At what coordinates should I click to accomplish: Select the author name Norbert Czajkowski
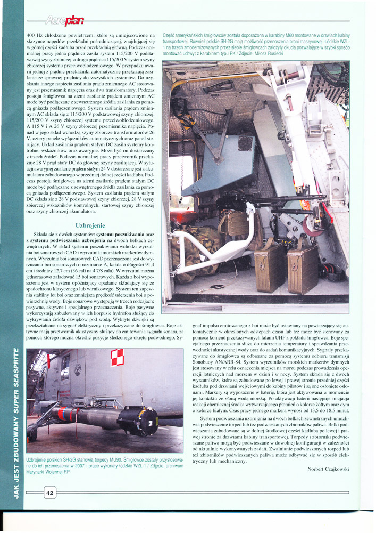pyautogui.click(x=328, y=469)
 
